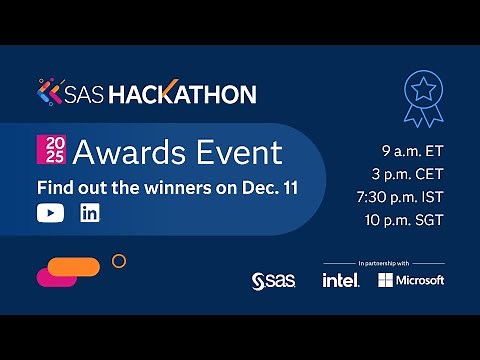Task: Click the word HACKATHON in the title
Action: (x=197, y=95)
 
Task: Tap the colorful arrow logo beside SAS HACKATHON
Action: (x=48, y=94)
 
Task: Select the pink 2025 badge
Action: (x=49, y=152)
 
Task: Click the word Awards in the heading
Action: (x=125, y=153)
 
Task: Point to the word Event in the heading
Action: (x=237, y=153)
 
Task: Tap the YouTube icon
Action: (x=49, y=213)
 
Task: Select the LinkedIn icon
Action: (x=90, y=213)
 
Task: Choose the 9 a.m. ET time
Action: (x=413, y=152)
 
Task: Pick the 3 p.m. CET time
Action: (x=411, y=175)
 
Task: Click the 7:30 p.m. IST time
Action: (x=404, y=198)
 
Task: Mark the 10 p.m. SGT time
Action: (x=408, y=221)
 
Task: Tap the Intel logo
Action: (x=340, y=280)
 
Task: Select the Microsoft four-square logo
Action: (x=386, y=280)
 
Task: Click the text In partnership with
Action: (x=383, y=263)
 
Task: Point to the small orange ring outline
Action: (x=119, y=261)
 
